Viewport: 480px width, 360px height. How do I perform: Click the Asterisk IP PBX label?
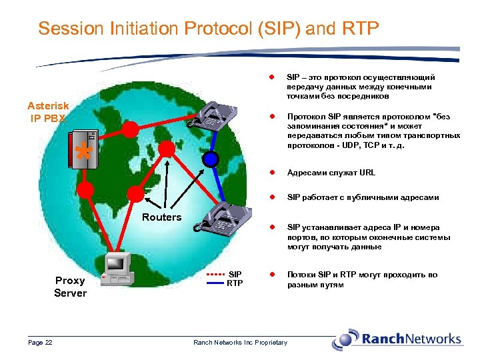47,112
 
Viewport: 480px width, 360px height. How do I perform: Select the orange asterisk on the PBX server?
83,151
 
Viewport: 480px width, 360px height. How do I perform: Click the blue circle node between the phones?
211,159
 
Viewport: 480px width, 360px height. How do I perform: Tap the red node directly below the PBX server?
85,189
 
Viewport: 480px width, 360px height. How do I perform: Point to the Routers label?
161,217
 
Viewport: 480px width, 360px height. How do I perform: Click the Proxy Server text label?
70,287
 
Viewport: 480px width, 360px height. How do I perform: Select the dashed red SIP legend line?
216,274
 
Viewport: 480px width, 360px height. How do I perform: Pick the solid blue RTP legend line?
216,283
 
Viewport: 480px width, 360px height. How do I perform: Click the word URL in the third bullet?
367,173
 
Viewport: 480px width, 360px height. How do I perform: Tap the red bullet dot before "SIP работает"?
271,197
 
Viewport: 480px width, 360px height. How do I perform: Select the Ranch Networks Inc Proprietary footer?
240,343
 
